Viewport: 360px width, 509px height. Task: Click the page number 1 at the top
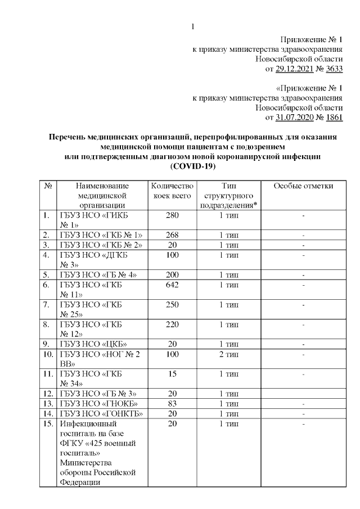point(193,26)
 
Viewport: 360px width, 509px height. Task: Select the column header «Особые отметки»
point(303,186)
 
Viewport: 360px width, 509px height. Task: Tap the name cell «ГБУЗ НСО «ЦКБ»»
point(93,343)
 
